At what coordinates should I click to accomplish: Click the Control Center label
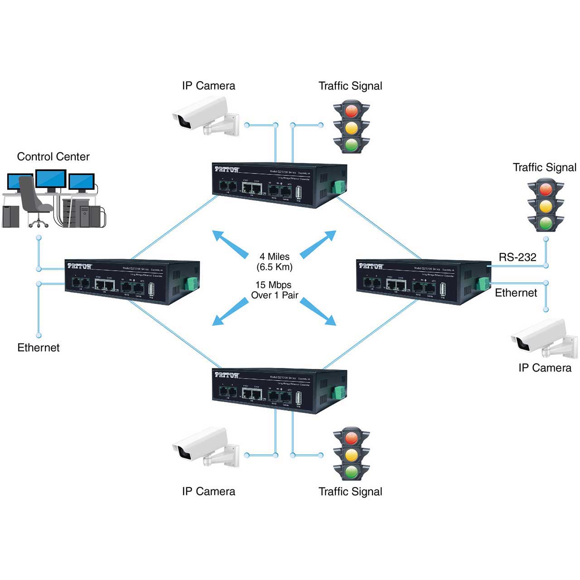coord(53,157)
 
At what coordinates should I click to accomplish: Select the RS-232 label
coord(517,257)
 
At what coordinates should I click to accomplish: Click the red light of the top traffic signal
coord(352,111)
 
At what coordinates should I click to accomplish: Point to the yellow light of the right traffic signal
coord(546,206)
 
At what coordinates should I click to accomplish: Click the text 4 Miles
coord(275,256)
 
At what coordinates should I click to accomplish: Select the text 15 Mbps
coord(273,285)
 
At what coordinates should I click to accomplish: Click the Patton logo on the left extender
coord(80,266)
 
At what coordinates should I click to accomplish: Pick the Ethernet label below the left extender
coord(39,348)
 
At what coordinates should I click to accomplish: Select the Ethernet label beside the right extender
coord(516,293)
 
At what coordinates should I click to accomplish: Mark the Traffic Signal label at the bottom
coord(350,492)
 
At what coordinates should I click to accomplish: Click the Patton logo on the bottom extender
coord(227,375)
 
